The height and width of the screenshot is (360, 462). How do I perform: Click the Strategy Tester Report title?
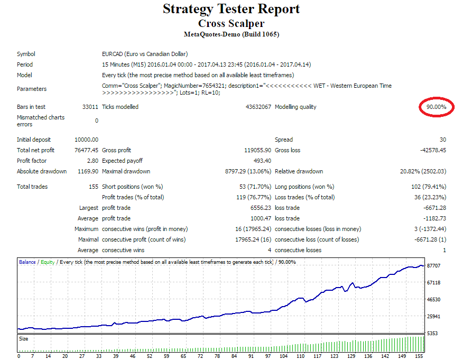231,9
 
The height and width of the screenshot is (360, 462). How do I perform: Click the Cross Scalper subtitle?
231,23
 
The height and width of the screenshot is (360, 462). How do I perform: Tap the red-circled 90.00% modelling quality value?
436,107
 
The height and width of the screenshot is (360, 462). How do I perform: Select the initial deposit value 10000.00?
87,140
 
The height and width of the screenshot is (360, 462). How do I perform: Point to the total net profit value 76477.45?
87,150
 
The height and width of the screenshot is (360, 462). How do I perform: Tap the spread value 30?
442,140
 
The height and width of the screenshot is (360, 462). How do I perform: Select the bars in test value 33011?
90,107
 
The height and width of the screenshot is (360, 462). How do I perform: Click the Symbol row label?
26,54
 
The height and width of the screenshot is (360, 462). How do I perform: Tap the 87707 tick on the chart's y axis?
434,266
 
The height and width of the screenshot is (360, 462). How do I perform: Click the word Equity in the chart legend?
48,262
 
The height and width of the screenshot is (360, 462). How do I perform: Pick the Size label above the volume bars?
24,338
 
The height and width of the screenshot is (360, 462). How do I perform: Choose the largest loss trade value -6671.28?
433,208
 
